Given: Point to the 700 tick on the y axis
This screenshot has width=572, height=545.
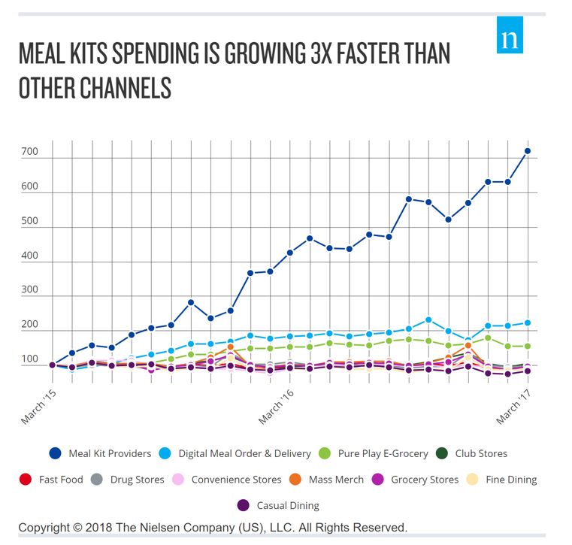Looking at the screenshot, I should pyautogui.click(x=29, y=152).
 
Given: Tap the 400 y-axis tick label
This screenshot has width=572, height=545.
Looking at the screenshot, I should pyautogui.click(x=29, y=256).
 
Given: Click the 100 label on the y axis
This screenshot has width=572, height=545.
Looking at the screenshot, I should pyautogui.click(x=29, y=359).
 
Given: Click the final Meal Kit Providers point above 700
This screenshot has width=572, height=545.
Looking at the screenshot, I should pyautogui.click(x=528, y=151).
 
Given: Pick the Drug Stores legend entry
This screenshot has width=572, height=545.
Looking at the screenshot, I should pyautogui.click(x=128, y=479).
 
